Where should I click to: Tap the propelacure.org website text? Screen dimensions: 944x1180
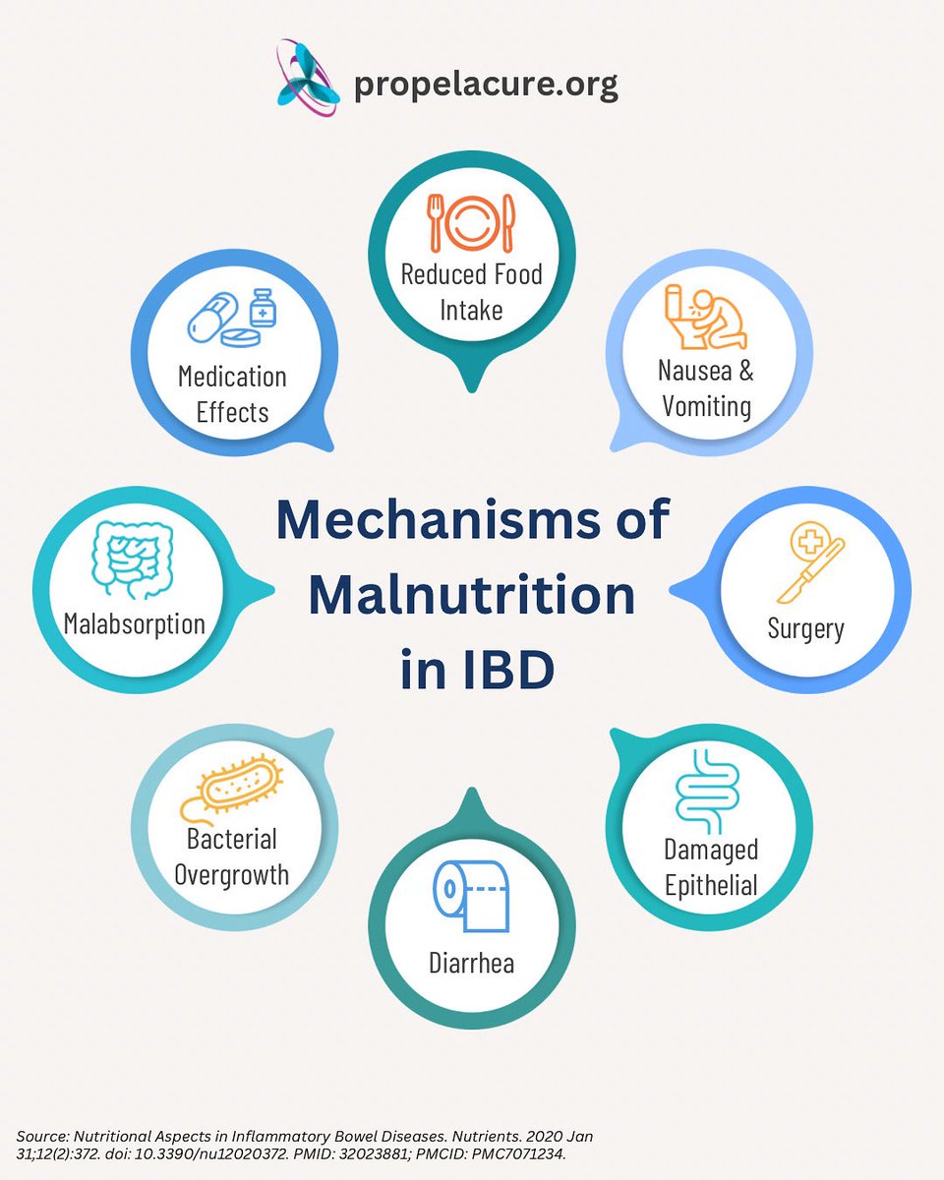486,85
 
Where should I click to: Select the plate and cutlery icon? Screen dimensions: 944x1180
471,222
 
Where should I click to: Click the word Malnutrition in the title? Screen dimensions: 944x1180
471,595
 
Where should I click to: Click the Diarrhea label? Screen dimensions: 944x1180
471,962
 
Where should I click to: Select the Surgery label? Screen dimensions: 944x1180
805,627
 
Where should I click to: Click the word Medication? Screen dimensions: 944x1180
232,377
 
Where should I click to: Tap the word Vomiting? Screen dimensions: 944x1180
706,405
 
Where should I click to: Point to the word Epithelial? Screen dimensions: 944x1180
711,884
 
